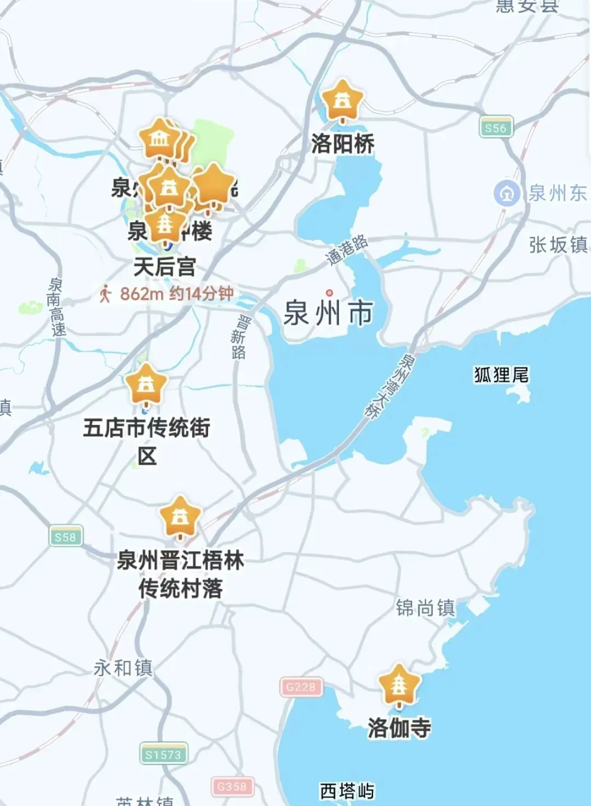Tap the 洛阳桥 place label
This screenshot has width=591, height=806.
point(343,144)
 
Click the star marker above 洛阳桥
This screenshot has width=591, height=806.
point(342,101)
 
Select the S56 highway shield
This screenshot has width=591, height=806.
point(496,128)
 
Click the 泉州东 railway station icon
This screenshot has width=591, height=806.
point(507,193)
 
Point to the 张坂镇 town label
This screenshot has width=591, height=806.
point(558,245)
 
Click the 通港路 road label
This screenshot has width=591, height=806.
point(347,251)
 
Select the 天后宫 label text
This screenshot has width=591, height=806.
point(165,267)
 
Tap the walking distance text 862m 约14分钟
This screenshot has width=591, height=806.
point(176,294)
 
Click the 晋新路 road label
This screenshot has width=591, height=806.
point(239,337)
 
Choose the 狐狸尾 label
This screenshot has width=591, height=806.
point(501,375)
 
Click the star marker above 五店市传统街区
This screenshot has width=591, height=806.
point(146,384)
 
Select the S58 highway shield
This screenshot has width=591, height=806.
point(65,537)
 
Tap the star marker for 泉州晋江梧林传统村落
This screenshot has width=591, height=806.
point(180,516)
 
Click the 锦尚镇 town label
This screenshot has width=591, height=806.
point(426,608)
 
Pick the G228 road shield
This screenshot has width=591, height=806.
point(301,687)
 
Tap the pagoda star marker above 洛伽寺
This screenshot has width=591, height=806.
point(399,684)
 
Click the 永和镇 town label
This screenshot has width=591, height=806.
point(123,667)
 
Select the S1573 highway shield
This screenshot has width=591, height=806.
point(163,755)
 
